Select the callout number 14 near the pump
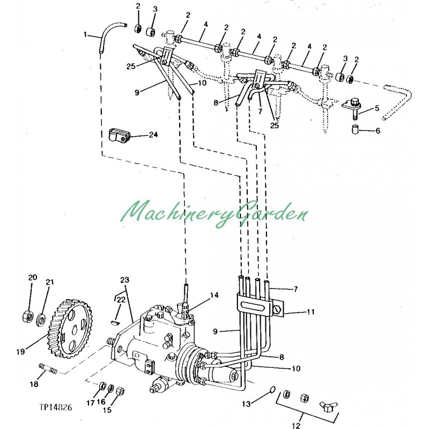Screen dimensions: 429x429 [x=214, y=295]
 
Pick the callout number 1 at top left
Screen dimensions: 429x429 [x=85, y=35]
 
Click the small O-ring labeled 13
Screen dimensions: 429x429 [x=272, y=390]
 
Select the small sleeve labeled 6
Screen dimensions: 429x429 [x=355, y=130]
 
